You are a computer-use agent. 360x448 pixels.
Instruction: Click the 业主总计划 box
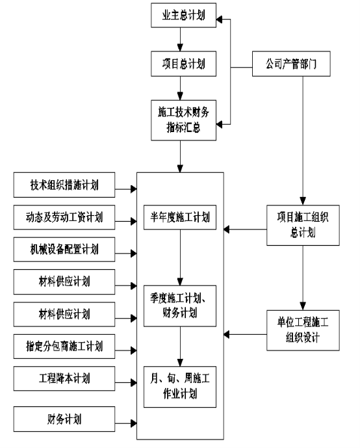coord(183,16)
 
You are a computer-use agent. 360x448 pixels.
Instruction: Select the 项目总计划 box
coord(183,64)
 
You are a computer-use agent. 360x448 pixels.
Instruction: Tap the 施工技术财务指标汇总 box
coord(183,120)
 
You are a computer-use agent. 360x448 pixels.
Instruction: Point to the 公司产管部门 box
coord(291,64)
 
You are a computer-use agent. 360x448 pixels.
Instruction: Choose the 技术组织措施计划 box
coord(64,185)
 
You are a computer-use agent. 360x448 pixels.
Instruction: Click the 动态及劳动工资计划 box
coord(64,217)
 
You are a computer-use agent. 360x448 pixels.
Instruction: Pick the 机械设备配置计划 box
coord(64,250)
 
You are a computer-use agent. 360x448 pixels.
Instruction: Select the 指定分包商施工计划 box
coord(64,347)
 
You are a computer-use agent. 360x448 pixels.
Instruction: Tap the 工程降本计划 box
coord(64,378)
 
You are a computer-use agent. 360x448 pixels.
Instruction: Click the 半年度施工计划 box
coord(180,217)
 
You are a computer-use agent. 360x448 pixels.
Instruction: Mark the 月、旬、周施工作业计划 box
coord(180,387)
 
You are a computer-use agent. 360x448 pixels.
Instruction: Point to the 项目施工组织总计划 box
coord(303,225)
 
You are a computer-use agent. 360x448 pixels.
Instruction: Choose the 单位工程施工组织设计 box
coord(303,330)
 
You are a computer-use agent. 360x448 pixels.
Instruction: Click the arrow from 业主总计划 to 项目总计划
coord(180,40)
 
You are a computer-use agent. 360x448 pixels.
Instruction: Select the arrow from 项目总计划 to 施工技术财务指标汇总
coord(180,88)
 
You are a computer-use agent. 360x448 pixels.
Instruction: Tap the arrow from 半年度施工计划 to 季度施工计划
coord(180,257)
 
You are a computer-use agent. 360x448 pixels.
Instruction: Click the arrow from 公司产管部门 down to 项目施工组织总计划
coord(303,140)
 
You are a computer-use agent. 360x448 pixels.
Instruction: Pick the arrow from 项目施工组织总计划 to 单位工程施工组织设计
coord(303,278)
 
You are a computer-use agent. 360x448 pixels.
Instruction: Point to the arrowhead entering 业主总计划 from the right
coord(219,19)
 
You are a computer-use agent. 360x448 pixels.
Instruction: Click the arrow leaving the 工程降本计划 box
coord(126,382)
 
